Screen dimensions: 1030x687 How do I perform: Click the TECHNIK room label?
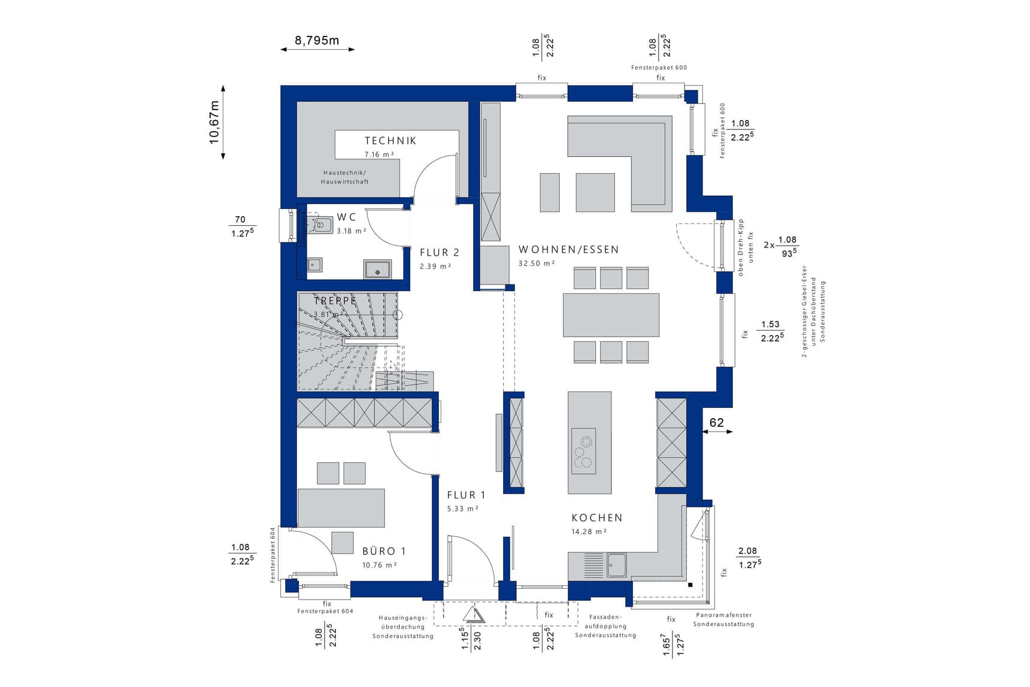[x=390, y=141]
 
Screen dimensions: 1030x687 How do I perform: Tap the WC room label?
[x=346, y=217]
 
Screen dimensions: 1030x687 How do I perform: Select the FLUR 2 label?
[x=440, y=253]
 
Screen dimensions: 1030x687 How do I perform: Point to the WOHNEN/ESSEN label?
[x=568, y=250]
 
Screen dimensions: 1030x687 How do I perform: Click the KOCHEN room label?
[x=596, y=518]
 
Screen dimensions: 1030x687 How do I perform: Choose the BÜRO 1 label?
[x=384, y=551]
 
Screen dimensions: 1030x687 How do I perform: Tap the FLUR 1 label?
[x=466, y=495]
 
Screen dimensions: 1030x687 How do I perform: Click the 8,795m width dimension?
[x=317, y=41]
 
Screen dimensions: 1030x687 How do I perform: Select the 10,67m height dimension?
[x=214, y=122]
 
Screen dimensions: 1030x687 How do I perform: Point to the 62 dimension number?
[x=716, y=423]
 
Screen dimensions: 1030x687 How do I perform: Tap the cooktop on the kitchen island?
[x=583, y=451]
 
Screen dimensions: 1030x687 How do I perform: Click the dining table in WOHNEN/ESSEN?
[x=611, y=315]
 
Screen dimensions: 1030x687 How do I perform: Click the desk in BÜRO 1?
[x=341, y=508]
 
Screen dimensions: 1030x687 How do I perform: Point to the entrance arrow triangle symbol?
[x=473, y=615]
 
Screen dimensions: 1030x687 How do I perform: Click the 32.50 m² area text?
[x=537, y=264]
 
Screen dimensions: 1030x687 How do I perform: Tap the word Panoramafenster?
[x=723, y=615]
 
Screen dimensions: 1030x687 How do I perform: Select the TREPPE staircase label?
[x=335, y=301]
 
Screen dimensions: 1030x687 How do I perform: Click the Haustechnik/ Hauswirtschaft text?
[x=345, y=177]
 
